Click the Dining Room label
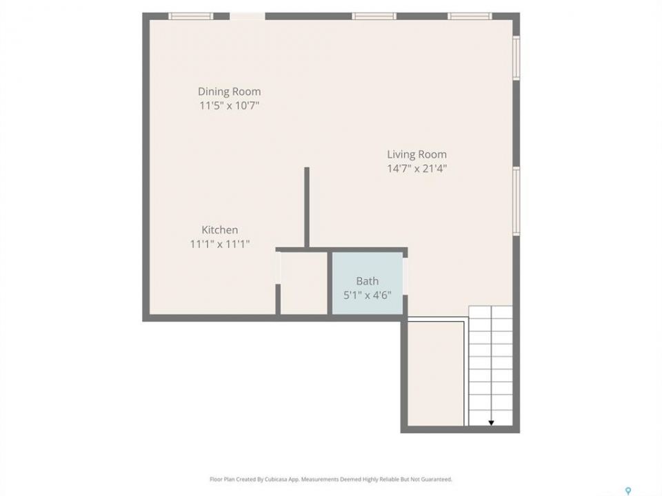click(x=229, y=92)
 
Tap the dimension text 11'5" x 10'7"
click(x=229, y=105)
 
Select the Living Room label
click(x=417, y=154)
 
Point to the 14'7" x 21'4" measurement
click(x=417, y=169)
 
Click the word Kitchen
click(x=219, y=230)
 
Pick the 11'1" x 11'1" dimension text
click(x=219, y=244)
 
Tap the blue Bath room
click(x=368, y=283)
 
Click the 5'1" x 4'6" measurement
click(x=368, y=296)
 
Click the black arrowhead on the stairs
click(x=491, y=422)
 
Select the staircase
click(x=490, y=366)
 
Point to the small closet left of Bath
click(x=304, y=283)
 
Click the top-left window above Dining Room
click(x=191, y=17)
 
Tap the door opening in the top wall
click(x=248, y=17)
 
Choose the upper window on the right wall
click(x=516, y=58)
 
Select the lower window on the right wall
click(x=516, y=200)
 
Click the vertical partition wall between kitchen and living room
click(x=307, y=207)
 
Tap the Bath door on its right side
click(x=405, y=276)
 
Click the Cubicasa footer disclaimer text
click(x=331, y=479)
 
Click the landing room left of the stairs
click(x=436, y=373)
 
